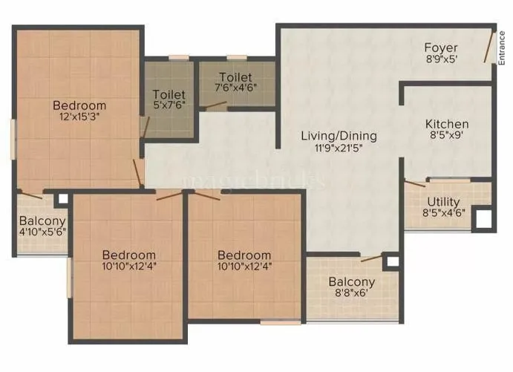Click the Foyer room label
click(441, 48)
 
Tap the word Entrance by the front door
click(503, 48)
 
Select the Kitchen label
click(447, 124)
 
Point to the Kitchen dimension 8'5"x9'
click(447, 137)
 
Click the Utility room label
click(444, 202)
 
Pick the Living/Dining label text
click(339, 136)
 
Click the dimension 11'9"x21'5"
click(339, 148)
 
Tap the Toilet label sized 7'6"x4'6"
click(235, 77)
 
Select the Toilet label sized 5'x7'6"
click(169, 94)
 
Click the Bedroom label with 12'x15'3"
click(79, 105)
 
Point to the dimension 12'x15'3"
click(79, 117)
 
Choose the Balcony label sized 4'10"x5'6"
click(42, 221)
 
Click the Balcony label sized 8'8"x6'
click(352, 282)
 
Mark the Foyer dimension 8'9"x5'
click(441, 61)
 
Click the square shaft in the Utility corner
click(483, 219)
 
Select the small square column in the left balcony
click(62, 199)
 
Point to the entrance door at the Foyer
click(488, 48)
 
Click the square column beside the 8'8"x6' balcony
click(391, 261)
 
